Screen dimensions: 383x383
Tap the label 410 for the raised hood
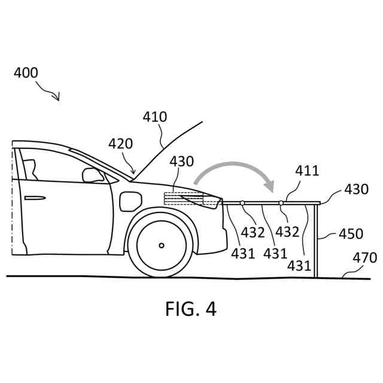click(155, 117)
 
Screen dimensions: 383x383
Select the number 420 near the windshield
click(121, 144)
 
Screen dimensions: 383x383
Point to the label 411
click(307, 172)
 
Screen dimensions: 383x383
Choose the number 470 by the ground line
click(364, 258)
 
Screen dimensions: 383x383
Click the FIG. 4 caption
click(191, 309)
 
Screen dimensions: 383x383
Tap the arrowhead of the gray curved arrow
click(270, 186)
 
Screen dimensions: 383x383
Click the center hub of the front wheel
click(162, 245)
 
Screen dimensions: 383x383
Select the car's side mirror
click(93, 175)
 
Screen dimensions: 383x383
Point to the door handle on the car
click(34, 198)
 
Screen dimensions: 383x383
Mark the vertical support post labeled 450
click(315, 239)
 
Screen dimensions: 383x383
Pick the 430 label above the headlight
click(182, 162)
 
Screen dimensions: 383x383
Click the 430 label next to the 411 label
click(356, 189)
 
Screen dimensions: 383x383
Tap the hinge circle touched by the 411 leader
click(281, 203)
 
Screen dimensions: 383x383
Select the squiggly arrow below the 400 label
click(48, 91)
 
